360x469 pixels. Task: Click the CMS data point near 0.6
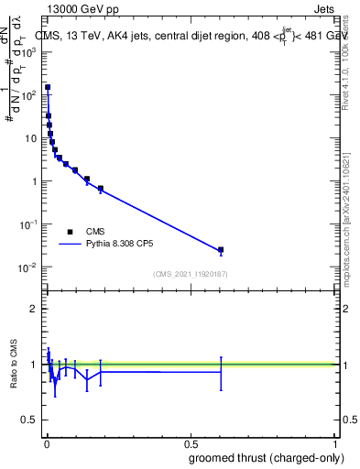point(221,250)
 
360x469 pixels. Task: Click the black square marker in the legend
point(70,232)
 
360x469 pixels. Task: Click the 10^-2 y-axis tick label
point(30,267)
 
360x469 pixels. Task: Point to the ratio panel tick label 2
point(36,309)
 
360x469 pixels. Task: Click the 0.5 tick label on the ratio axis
point(30,420)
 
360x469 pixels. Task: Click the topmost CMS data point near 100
point(48,88)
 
